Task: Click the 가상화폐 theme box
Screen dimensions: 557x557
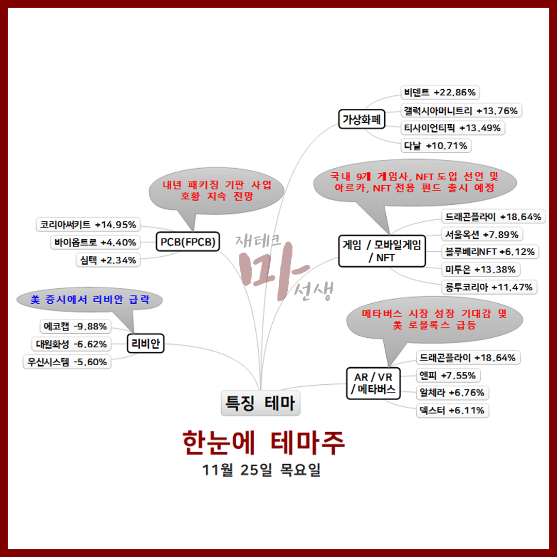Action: point(362,120)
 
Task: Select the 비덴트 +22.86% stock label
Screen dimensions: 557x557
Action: point(440,93)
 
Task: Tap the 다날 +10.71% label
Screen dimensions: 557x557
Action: point(436,146)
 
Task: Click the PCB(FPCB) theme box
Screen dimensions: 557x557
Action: point(187,242)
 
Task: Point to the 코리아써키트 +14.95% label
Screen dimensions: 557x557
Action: point(88,224)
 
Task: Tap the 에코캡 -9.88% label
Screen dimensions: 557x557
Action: point(75,326)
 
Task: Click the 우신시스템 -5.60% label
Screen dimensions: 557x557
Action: point(68,362)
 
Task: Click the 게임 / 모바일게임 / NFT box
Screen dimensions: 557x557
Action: point(382,251)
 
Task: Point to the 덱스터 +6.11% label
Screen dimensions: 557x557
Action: point(452,411)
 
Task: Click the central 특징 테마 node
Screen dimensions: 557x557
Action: point(260,403)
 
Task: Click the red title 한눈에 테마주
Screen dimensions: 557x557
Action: point(264,443)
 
